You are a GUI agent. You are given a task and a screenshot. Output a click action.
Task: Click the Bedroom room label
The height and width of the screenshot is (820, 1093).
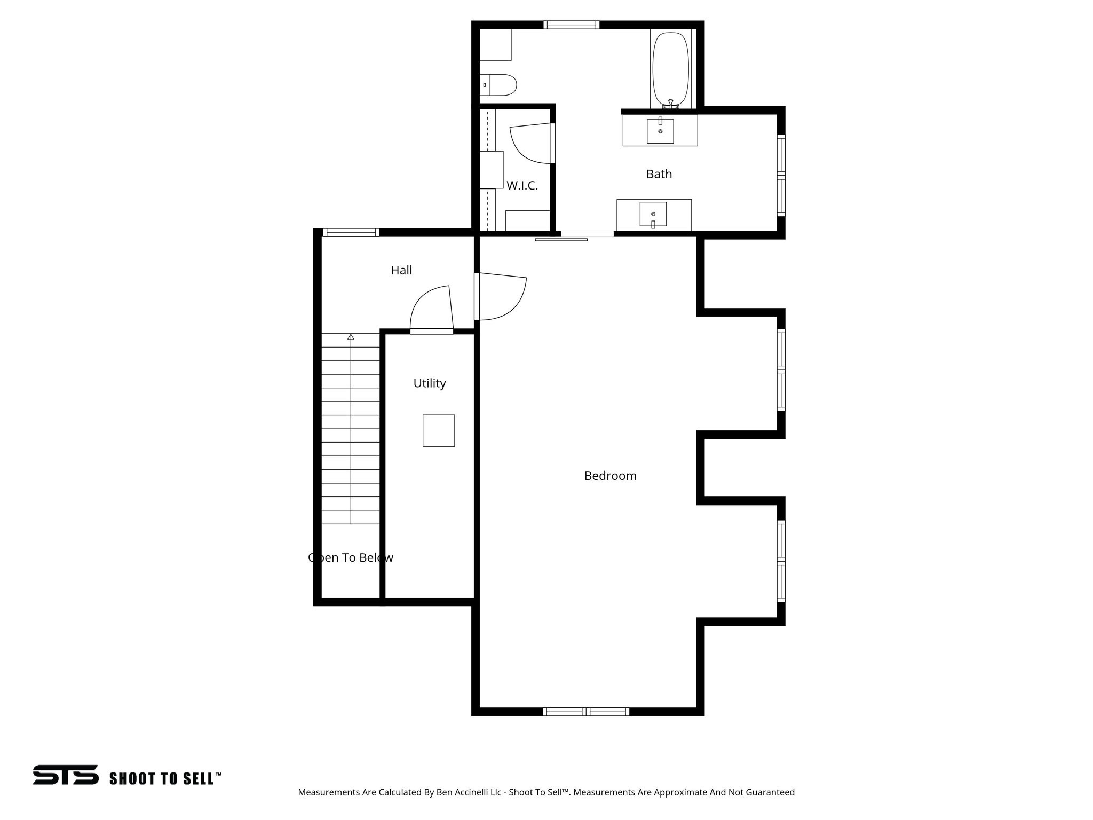610,476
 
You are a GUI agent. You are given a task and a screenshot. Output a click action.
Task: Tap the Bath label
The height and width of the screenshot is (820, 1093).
659,174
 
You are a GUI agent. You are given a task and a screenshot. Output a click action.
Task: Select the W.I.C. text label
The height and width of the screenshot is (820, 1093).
522,186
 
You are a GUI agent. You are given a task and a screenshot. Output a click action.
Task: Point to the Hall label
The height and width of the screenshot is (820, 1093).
401,270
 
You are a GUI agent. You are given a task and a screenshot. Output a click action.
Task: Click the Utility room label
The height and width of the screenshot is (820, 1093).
430,383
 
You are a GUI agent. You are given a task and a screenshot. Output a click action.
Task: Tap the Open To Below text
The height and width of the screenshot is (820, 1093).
351,557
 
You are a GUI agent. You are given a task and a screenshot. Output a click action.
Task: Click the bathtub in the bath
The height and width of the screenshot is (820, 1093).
670,69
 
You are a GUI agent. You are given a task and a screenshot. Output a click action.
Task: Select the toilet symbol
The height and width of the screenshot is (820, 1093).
500,85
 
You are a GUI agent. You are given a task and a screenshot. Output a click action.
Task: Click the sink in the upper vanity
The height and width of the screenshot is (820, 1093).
660,131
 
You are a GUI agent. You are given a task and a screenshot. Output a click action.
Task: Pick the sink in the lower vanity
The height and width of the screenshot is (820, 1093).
653,214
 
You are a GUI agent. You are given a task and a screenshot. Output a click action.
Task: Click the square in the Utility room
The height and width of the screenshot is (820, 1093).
439,430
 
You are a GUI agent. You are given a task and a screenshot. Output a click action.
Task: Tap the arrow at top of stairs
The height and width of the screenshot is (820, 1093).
351,337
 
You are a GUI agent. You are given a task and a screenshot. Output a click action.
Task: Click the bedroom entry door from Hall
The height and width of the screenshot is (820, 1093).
501,297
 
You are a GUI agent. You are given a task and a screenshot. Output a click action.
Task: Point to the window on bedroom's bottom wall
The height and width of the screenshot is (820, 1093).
586,711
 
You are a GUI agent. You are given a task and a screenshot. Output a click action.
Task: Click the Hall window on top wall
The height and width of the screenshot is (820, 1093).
351,232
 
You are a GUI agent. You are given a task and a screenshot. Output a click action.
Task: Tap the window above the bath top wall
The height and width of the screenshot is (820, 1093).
571,25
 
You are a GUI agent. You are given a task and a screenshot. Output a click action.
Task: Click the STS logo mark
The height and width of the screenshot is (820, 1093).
66,775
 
